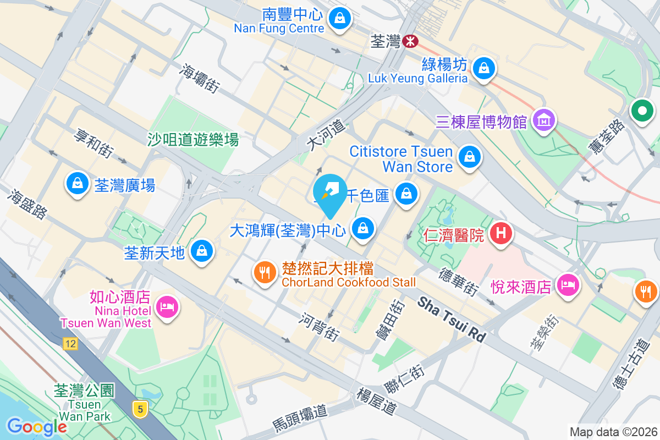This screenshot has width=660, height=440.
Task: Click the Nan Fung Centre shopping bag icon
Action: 340,19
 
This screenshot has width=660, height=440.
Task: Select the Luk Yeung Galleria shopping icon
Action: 483,68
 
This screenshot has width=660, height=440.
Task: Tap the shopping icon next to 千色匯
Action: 406,194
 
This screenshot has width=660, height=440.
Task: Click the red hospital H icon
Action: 501,233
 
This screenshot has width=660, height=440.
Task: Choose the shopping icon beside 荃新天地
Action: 202,251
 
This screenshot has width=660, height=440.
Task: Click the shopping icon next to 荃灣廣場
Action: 78,183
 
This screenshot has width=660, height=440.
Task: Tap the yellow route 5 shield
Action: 141,409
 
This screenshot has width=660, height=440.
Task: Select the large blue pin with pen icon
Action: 329,194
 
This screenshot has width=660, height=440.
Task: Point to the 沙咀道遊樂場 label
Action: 193,140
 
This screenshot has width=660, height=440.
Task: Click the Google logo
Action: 37,426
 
